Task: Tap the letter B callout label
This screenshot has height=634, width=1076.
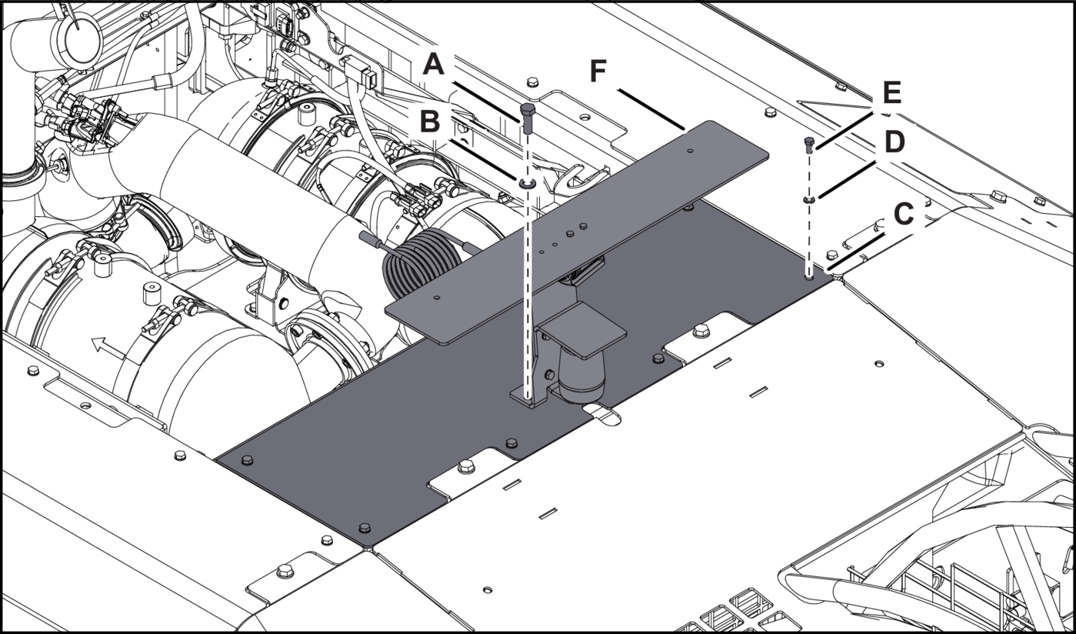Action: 430,121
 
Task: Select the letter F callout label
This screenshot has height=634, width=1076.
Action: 598,71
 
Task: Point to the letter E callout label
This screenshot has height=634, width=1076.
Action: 892,93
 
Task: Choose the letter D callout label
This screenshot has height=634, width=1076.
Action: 894,142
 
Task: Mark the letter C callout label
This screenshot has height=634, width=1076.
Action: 903,214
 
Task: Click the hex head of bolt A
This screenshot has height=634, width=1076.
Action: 528,108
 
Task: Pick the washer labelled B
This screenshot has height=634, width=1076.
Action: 527,183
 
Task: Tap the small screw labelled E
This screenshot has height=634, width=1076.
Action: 809,142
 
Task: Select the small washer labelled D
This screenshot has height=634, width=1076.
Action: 809,199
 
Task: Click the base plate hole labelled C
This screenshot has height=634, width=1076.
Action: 809,275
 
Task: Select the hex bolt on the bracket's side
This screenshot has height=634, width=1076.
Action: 549,374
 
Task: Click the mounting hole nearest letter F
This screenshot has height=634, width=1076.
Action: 691,151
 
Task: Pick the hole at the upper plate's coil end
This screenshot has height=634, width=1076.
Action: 436,296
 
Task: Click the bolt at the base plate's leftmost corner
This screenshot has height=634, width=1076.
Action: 246,460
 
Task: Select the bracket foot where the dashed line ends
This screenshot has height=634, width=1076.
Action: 528,395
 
